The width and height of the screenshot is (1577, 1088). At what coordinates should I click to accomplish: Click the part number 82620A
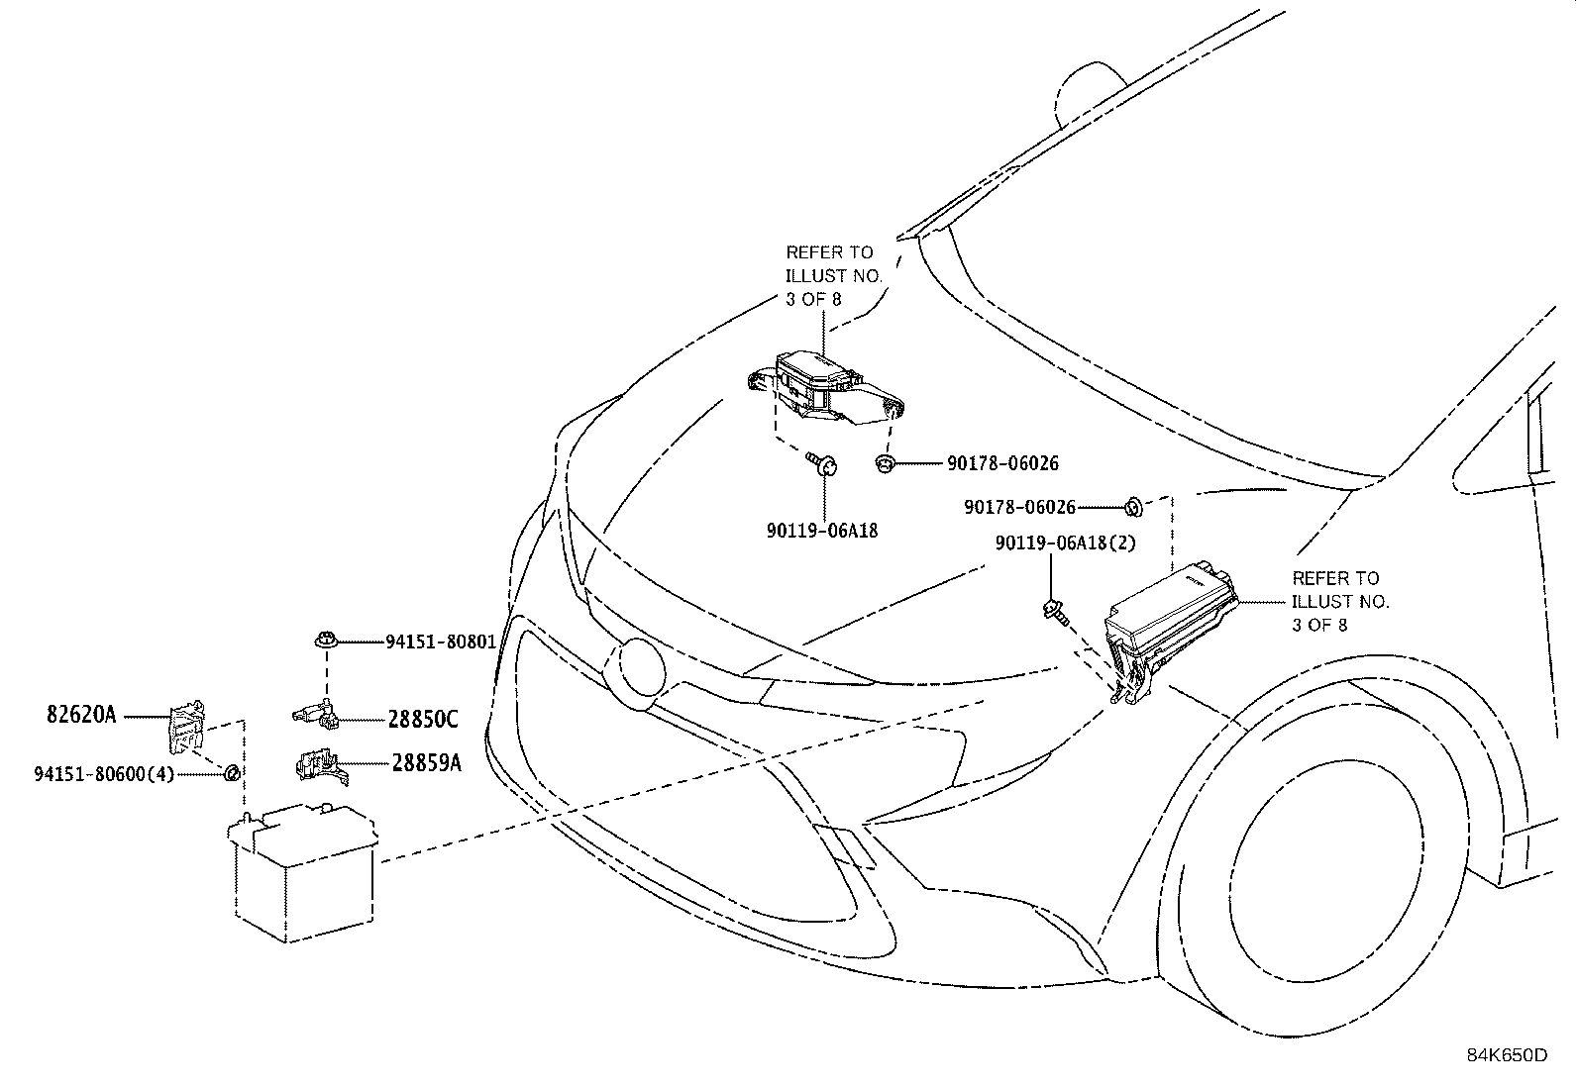[81, 714]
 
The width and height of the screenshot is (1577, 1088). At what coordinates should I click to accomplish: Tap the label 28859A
[426, 762]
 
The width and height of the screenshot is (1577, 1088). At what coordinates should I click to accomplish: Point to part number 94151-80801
[440, 642]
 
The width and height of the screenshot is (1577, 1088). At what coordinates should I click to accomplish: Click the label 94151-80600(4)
[104, 773]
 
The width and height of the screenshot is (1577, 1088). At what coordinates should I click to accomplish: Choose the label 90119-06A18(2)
[1066, 543]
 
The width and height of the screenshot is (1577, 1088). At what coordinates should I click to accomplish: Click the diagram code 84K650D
[1507, 1054]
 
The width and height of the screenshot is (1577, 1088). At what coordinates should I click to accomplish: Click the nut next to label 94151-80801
[324, 641]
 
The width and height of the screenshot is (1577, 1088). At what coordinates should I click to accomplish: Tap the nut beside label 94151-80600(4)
[230, 772]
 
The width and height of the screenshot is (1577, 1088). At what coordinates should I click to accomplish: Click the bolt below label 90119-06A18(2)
[1055, 611]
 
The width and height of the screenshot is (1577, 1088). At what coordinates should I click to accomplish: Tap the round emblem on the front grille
[638, 673]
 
